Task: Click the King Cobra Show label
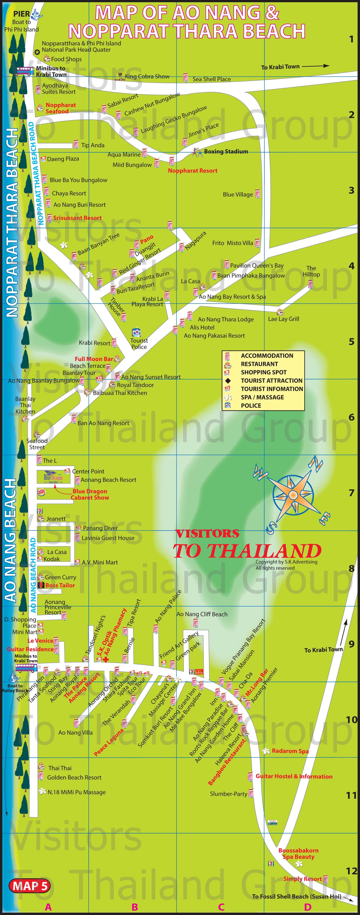click(147, 76)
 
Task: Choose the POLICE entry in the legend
click(251, 406)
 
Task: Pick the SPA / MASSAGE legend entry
click(262, 397)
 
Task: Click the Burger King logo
click(41, 492)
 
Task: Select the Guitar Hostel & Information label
click(294, 776)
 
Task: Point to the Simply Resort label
click(302, 879)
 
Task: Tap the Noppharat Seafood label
click(60, 108)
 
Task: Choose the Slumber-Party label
click(228, 794)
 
